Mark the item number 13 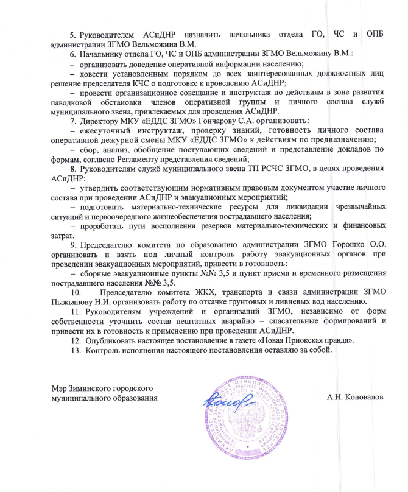pos(75,350)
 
